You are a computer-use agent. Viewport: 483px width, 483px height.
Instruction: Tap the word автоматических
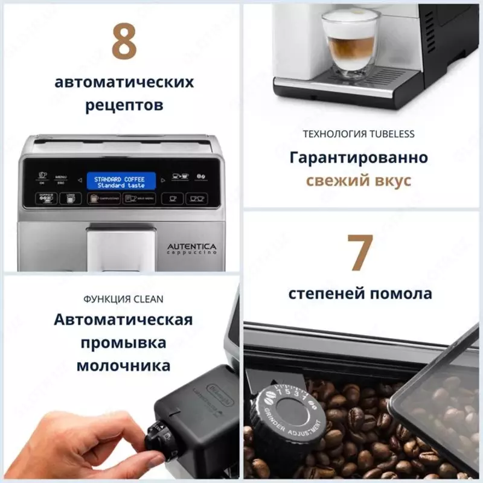124,82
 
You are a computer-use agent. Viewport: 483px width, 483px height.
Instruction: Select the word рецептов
124,106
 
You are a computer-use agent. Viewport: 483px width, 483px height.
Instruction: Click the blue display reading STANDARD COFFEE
121,182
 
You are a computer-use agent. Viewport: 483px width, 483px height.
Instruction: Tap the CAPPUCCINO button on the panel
103,198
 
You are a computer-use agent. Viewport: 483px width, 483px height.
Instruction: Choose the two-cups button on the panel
195,198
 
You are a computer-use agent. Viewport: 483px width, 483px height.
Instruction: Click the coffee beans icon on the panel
201,178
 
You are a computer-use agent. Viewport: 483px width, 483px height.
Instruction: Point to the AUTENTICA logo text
191,248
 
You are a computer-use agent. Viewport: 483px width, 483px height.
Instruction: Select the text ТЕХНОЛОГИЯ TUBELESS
359,134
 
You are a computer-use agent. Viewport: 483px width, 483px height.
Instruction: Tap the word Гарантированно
359,158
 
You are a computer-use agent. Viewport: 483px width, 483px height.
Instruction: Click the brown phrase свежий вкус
359,181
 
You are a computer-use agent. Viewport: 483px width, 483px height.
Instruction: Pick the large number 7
360,252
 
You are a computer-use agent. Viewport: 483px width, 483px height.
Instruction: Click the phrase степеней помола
360,294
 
